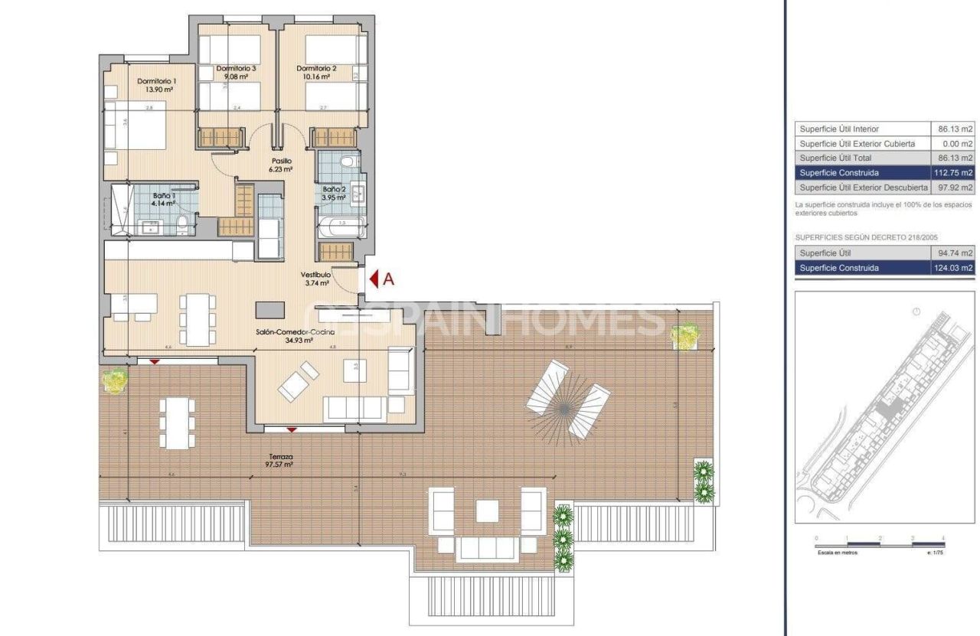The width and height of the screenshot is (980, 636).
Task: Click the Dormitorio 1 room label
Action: pos(157,81)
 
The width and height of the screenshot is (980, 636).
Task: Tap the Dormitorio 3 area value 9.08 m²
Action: pos(236,77)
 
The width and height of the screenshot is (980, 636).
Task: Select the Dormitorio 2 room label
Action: pos(317,68)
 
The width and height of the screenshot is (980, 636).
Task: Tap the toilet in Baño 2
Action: pos(348,162)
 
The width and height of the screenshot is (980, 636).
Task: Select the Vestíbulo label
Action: pos(315,274)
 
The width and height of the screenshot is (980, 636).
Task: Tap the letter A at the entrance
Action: pos(388,279)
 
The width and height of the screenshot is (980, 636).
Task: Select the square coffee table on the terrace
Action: pos(488,510)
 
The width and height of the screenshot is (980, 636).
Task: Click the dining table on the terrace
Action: pos(176,423)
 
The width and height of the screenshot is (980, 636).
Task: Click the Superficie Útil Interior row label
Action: pos(839,129)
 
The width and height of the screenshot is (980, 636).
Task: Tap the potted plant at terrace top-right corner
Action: pos(684,336)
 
